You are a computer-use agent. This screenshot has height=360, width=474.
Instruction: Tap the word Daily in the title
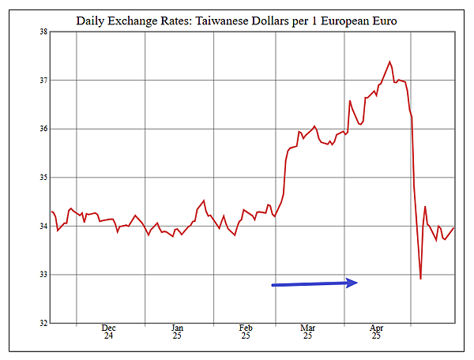click(x=92, y=19)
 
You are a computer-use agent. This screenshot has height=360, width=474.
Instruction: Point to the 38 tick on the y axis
click(x=43, y=32)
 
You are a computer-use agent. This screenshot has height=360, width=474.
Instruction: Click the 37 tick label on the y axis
click(x=43, y=81)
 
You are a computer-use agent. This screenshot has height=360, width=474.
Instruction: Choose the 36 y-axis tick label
click(x=43, y=129)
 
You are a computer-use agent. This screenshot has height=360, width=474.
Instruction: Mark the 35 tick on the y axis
click(x=43, y=178)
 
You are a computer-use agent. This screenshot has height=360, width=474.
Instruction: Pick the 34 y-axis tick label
click(x=43, y=227)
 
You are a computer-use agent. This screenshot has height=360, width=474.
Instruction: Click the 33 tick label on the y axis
click(x=43, y=275)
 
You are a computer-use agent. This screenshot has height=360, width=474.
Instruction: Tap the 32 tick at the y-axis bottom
click(x=43, y=323)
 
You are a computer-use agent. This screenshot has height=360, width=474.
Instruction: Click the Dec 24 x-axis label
click(x=109, y=332)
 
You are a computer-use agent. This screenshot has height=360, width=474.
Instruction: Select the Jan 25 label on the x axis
click(x=177, y=332)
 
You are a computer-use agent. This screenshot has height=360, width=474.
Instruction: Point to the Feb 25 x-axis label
click(x=246, y=332)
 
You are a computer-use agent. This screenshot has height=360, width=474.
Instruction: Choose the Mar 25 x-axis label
click(x=307, y=332)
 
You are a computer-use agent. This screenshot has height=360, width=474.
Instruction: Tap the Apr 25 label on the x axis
click(x=376, y=332)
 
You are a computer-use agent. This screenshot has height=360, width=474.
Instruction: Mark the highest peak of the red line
click(x=389, y=61)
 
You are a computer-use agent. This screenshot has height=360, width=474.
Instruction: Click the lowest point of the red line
click(x=420, y=279)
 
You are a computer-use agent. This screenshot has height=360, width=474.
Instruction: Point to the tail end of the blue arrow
click(x=273, y=284)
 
